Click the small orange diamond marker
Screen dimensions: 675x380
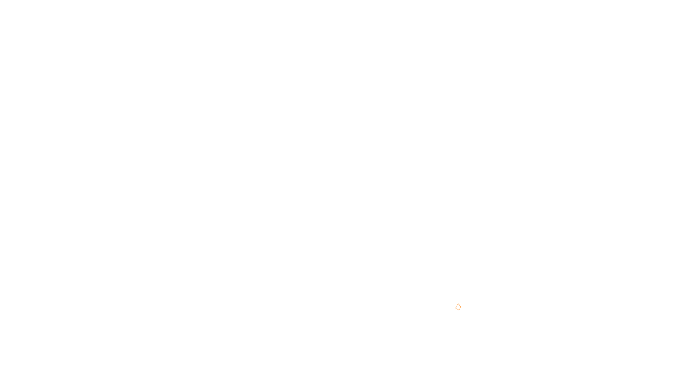click(458, 307)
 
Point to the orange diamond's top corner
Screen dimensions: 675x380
click(458, 304)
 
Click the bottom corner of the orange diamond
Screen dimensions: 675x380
click(458, 310)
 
